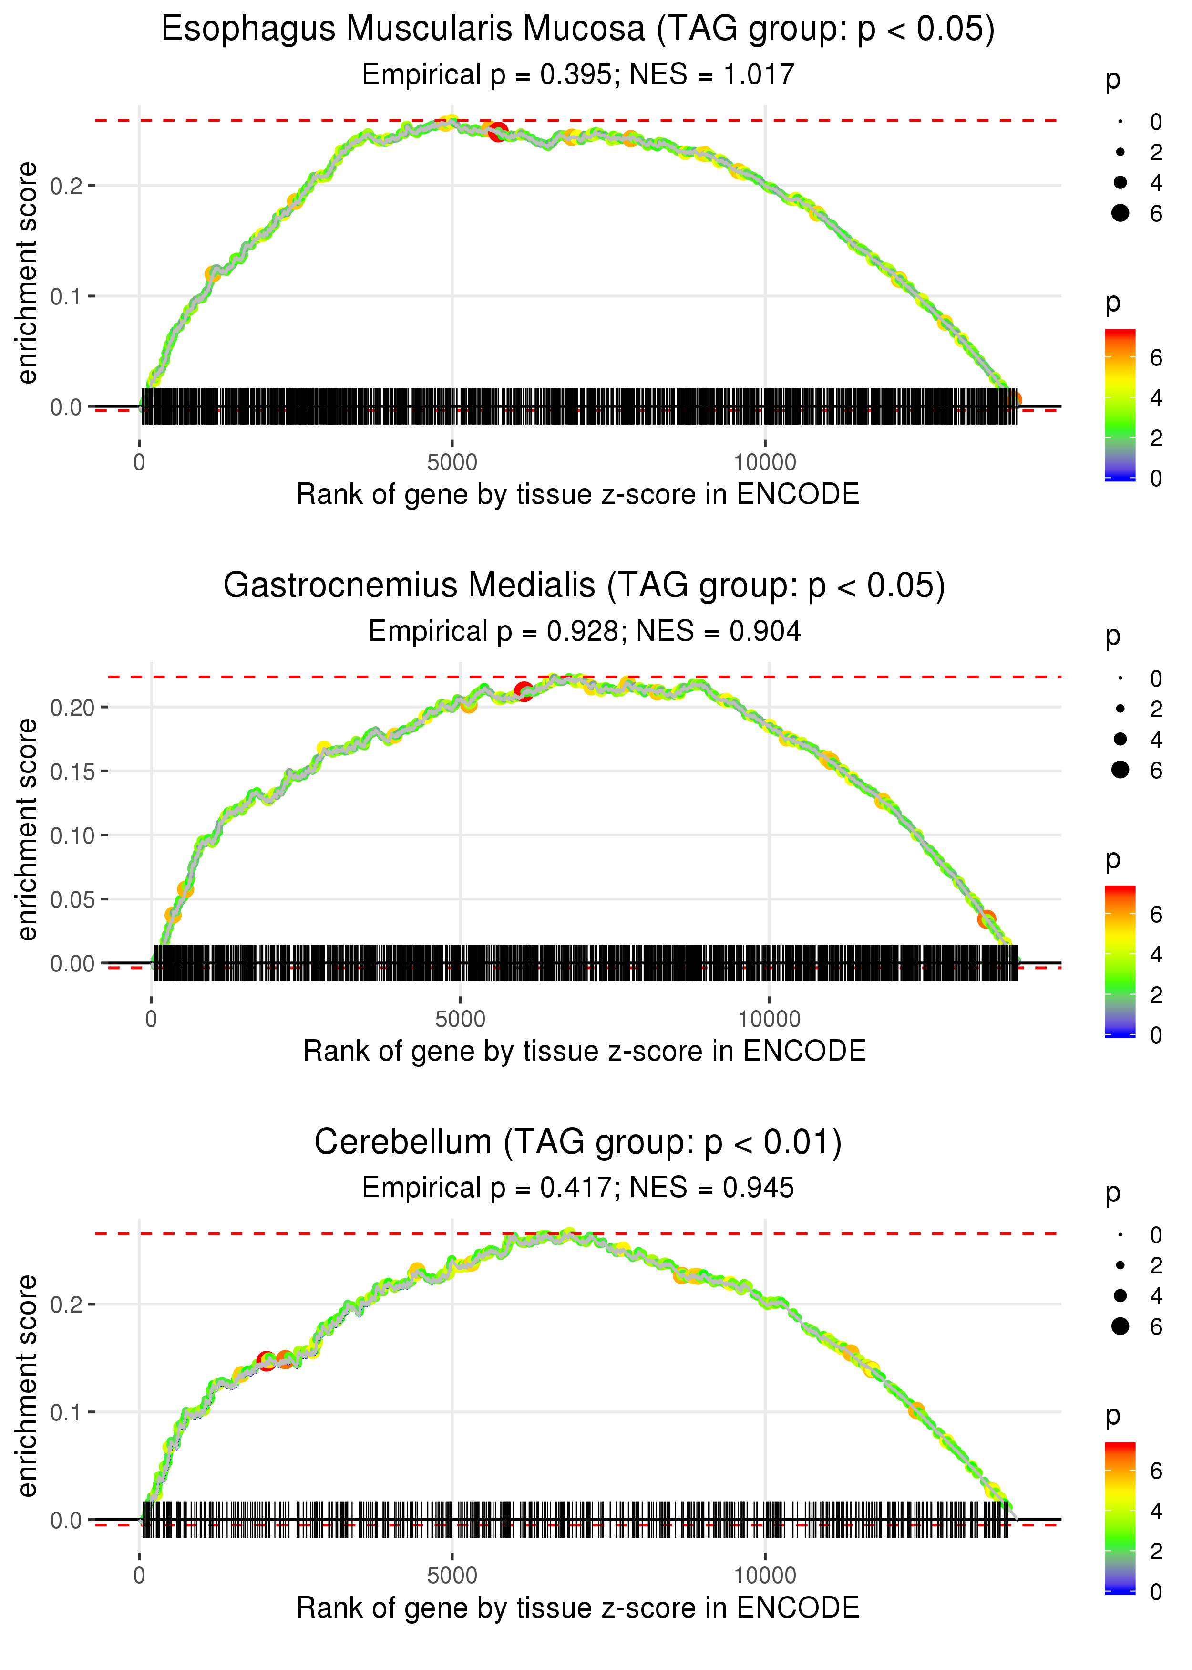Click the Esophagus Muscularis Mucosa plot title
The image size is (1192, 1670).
pyautogui.click(x=578, y=30)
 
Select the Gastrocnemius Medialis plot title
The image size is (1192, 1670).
pyautogui.click(x=584, y=586)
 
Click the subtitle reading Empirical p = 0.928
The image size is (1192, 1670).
pyautogui.click(x=584, y=632)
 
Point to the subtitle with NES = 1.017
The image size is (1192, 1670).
pyautogui.click(x=578, y=75)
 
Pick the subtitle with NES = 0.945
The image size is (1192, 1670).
pyautogui.click(x=578, y=1188)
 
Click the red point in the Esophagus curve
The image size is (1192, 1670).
pyautogui.click(x=498, y=132)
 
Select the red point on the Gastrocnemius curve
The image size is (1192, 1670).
pyautogui.click(x=524, y=691)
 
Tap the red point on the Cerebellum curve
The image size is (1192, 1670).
pyautogui.click(x=267, y=1361)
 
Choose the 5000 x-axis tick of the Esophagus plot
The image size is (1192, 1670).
pyautogui.click(x=452, y=463)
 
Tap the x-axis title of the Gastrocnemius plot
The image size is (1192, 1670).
pyautogui.click(x=584, y=1052)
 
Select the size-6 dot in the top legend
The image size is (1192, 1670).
pyautogui.click(x=1120, y=213)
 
